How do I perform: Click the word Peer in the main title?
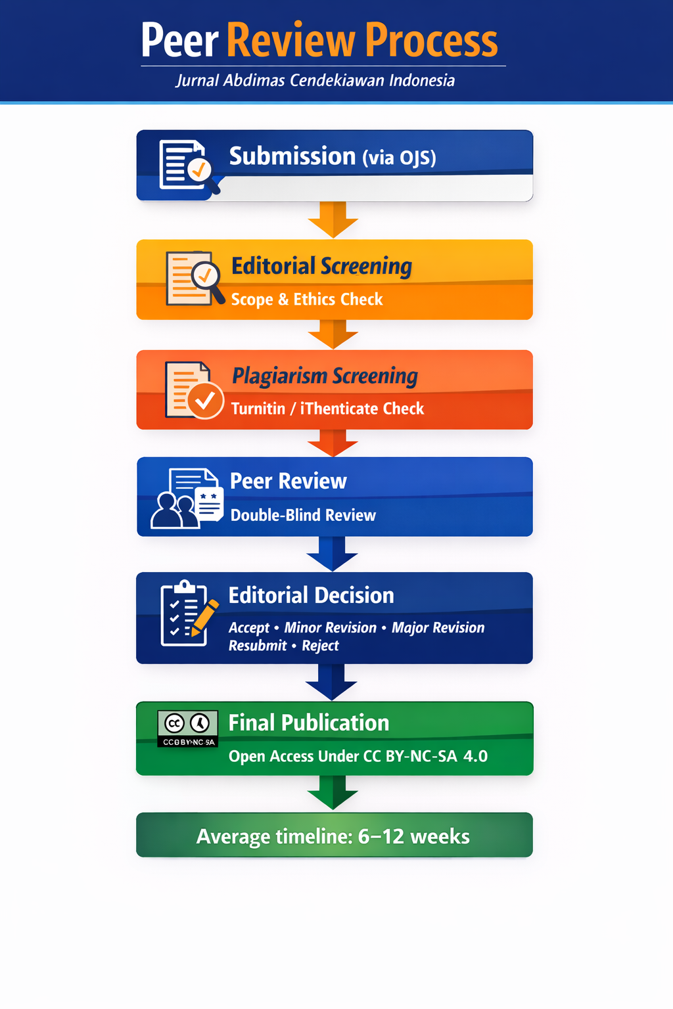180,41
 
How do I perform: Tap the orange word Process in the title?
431,41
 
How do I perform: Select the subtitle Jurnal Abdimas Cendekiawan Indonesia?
315,81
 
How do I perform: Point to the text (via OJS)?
400,158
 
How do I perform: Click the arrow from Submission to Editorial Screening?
333,219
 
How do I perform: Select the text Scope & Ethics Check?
307,300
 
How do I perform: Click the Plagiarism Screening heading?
325,376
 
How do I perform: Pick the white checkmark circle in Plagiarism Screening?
206,401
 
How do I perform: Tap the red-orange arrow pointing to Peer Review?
333,443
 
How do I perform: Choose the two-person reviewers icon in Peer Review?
175,510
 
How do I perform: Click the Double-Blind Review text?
303,515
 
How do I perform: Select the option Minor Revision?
330,627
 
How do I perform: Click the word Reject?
320,646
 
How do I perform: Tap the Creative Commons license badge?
187,729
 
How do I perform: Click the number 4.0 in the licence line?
475,756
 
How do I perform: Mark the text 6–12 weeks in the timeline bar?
414,836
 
